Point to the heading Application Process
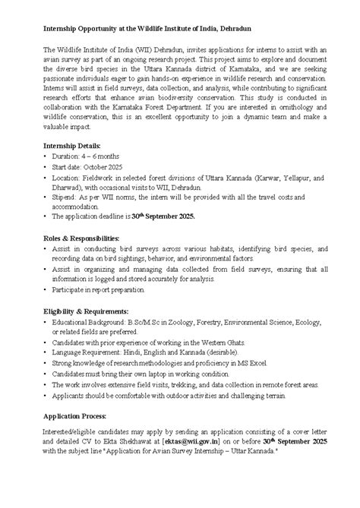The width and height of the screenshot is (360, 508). coord(75,417)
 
